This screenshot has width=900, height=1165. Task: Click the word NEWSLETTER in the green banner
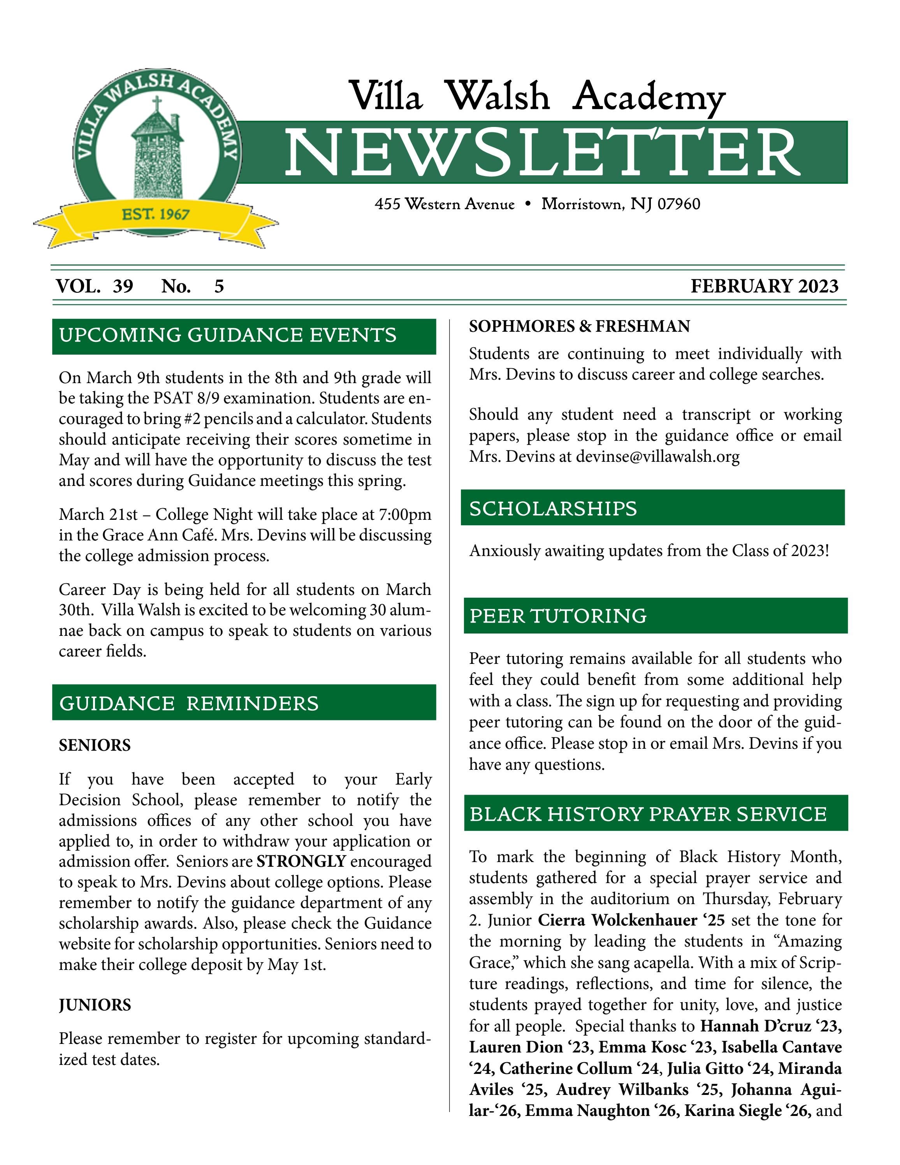(x=542, y=153)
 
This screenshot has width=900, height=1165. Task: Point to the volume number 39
(x=123, y=287)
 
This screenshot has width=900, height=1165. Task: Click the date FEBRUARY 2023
(x=764, y=287)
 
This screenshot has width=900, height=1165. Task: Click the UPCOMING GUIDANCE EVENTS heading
(x=228, y=336)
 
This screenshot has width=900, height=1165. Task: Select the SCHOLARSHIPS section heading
(x=553, y=509)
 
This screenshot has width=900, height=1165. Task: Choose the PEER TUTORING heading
(x=558, y=616)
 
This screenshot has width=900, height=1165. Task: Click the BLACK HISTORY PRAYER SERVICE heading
(x=648, y=814)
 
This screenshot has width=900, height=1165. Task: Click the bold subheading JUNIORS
(x=94, y=1005)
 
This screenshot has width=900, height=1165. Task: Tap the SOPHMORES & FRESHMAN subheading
(x=579, y=326)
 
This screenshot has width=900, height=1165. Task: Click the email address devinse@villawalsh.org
(x=657, y=457)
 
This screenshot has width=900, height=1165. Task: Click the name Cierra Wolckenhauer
(x=617, y=920)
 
